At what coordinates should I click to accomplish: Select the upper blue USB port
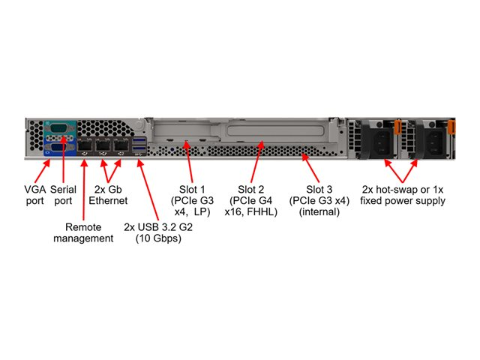(140, 138)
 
